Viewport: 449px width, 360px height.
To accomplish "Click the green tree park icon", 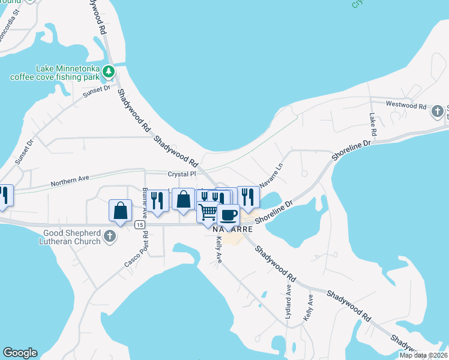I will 108,72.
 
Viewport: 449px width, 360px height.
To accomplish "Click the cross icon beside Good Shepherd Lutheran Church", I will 109,236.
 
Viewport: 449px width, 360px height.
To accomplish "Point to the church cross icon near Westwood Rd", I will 438,111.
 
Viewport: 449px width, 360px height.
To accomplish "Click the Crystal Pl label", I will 182,174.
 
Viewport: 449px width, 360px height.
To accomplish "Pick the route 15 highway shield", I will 139,224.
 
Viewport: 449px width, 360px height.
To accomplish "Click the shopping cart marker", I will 208,212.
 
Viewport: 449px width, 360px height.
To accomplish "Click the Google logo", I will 20,353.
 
